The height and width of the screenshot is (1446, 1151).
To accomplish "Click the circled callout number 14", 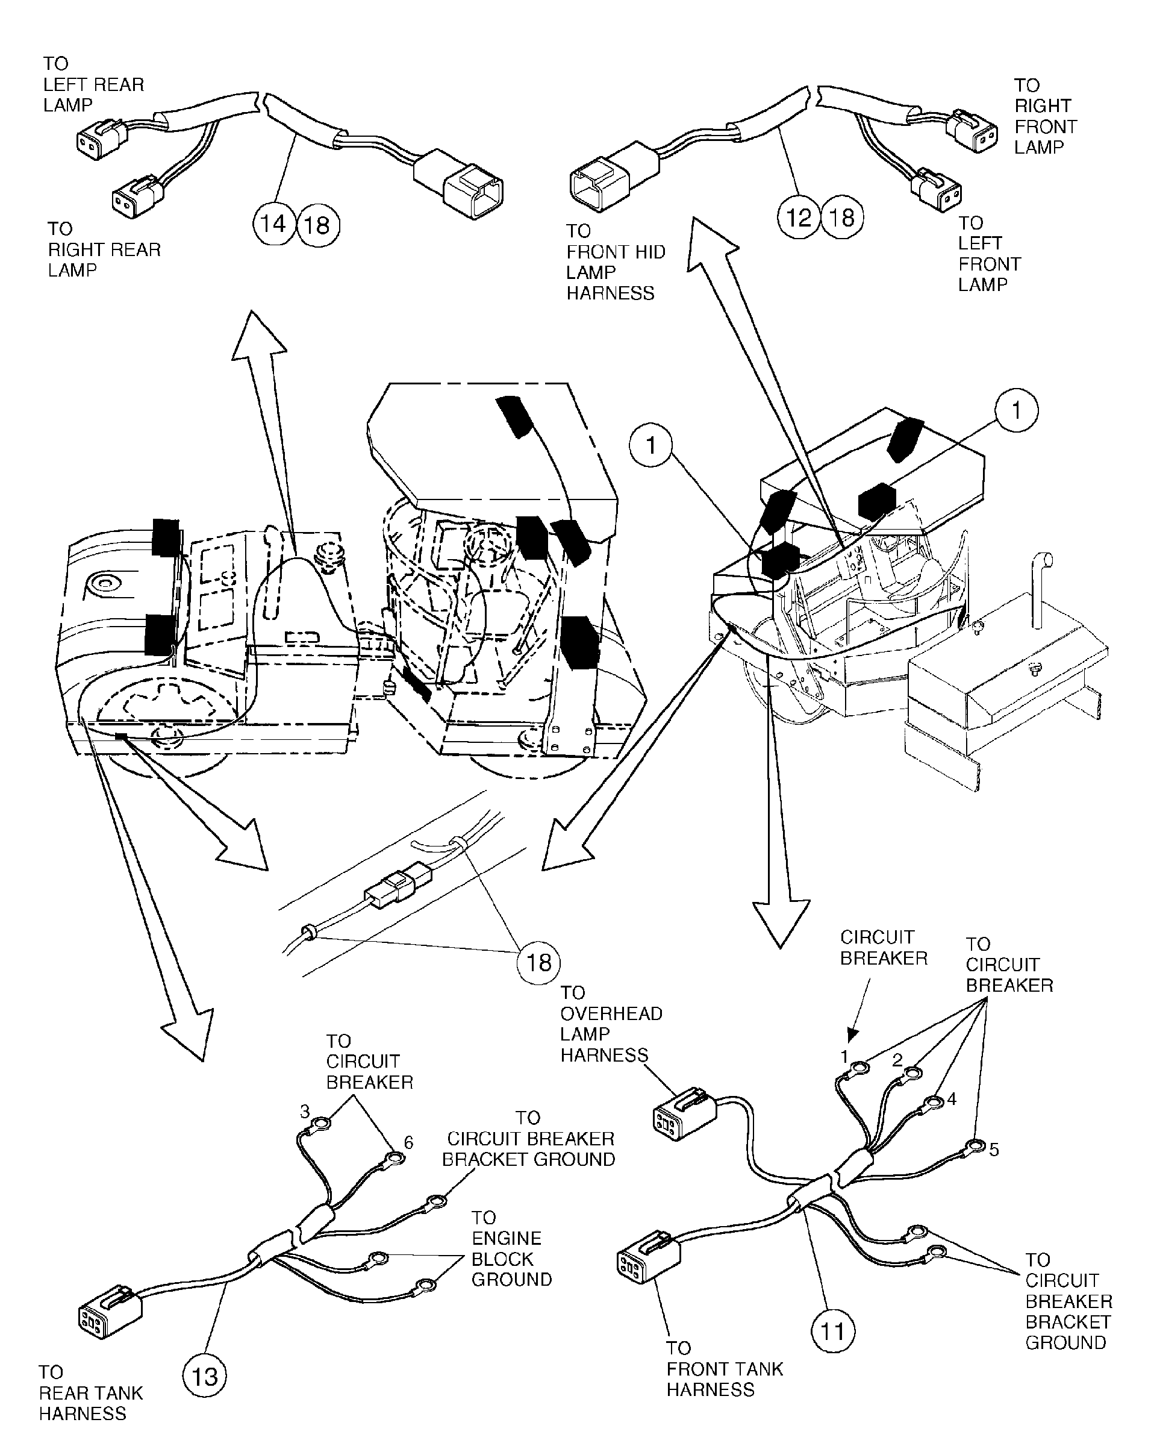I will point(273,224).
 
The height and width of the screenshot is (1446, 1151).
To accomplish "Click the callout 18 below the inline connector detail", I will point(538,962).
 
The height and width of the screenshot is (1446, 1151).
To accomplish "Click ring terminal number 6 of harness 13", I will point(396,1158).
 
